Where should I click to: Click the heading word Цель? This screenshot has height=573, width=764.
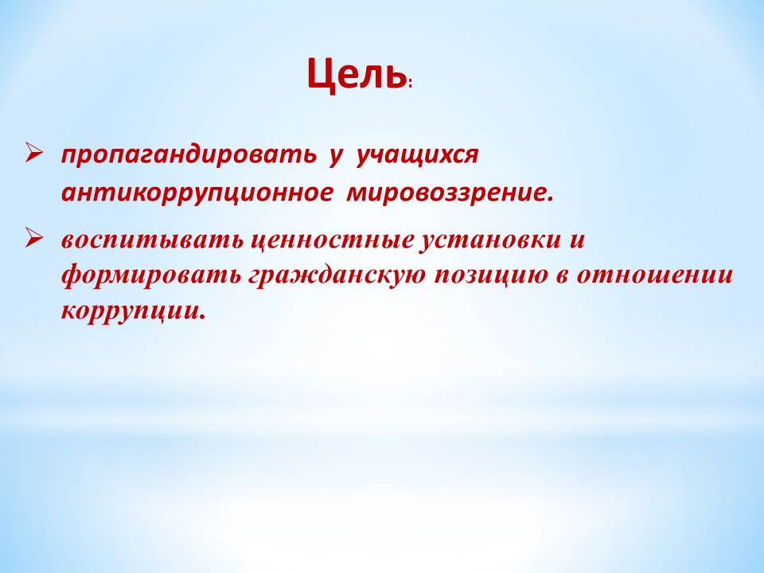coord(357,75)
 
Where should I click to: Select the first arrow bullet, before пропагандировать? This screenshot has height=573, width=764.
coord(34,154)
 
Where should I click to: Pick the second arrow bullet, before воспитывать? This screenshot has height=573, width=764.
coord(34,240)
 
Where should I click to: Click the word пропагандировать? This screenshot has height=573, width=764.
coord(189,155)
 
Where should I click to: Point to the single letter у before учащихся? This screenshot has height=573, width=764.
coord(335,158)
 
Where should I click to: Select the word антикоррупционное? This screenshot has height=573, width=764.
coord(197,193)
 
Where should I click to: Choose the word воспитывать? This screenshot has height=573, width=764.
coord(152,240)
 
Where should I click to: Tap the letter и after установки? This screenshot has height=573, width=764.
coord(577,242)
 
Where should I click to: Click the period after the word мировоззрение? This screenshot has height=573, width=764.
coord(551,200)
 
